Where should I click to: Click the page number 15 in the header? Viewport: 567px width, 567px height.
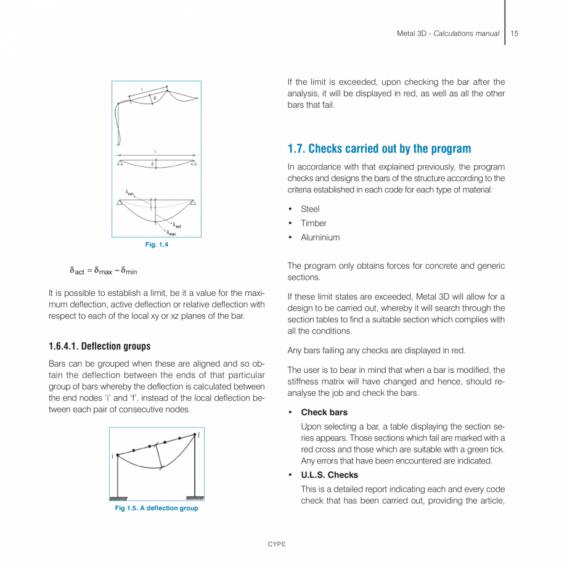[x=514, y=33]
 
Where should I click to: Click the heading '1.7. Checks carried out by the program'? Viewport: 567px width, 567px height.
[x=379, y=149]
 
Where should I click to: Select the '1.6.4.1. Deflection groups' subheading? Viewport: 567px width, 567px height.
[x=99, y=346]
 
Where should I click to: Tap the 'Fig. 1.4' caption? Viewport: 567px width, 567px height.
[x=157, y=245]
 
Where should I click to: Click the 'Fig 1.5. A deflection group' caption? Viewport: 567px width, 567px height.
[x=157, y=508]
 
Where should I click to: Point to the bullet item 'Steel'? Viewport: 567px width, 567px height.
[x=310, y=209]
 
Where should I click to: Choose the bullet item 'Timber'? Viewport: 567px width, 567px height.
[x=314, y=223]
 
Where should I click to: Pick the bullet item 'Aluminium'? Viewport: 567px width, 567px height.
[x=320, y=237]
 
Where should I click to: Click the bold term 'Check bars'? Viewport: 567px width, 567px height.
[x=324, y=412]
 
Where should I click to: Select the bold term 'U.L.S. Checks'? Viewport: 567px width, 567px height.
[x=329, y=475]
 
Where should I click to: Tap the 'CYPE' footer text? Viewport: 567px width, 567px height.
[x=277, y=544]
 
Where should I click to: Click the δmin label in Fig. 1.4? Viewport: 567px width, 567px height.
[x=129, y=192]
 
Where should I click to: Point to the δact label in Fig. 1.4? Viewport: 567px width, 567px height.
[x=176, y=226]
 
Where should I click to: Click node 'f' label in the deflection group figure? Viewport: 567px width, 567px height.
[x=199, y=434]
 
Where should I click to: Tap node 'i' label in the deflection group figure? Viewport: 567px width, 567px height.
[x=113, y=456]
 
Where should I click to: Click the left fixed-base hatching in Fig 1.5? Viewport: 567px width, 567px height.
[x=118, y=498]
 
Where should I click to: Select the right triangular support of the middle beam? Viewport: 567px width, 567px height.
[x=193, y=162]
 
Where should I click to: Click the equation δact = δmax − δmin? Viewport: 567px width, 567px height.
[x=103, y=270]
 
